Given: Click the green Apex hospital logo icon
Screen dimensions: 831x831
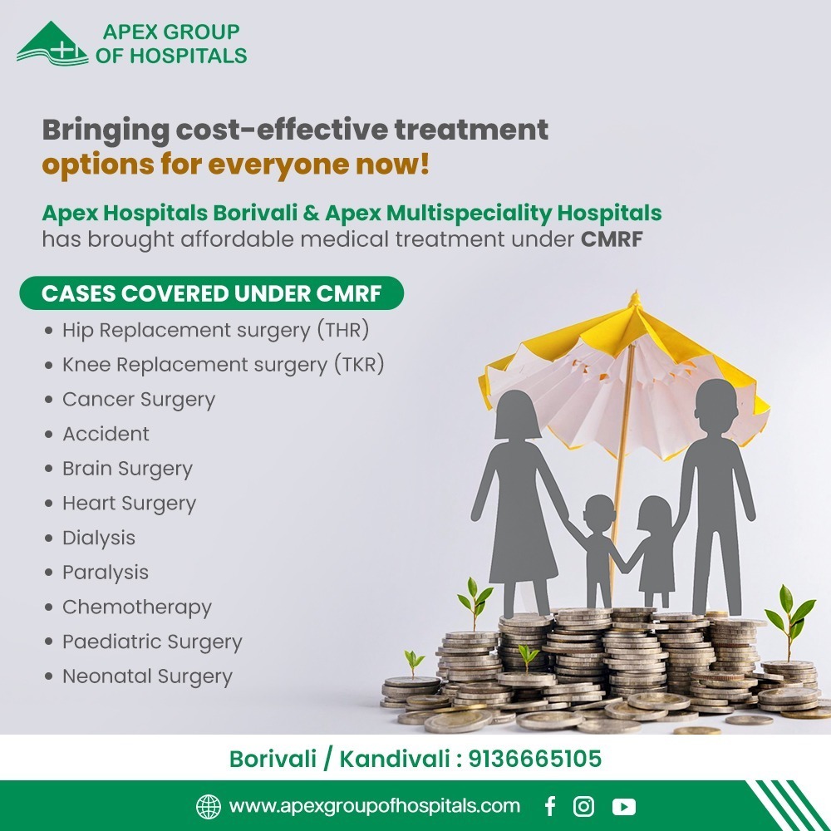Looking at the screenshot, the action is click(52, 44).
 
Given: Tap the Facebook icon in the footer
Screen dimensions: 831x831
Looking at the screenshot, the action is click(550, 806).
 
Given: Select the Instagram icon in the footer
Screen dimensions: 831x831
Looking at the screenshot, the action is click(583, 806).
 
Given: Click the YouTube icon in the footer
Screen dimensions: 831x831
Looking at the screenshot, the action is click(624, 807).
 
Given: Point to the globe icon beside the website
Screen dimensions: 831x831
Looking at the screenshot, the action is click(209, 807).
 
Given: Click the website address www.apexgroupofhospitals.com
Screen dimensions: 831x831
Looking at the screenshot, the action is click(374, 806).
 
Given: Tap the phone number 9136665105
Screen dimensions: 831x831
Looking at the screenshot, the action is click(534, 759).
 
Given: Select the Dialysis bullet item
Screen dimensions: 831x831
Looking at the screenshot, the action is click(99, 538).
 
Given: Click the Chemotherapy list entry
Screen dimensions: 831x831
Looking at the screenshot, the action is click(137, 607).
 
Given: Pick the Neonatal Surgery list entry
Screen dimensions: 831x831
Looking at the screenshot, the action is click(147, 676).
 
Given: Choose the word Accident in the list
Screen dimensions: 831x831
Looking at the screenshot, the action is click(106, 434).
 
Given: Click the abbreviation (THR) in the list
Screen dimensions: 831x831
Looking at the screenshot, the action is click(343, 330).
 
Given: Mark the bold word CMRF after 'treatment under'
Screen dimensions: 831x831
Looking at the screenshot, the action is click(612, 239).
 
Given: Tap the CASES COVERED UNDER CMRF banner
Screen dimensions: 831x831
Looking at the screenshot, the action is click(211, 293).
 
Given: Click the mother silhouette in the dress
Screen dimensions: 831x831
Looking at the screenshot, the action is click(519, 504).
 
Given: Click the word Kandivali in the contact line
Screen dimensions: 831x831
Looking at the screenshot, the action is click(394, 759).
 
